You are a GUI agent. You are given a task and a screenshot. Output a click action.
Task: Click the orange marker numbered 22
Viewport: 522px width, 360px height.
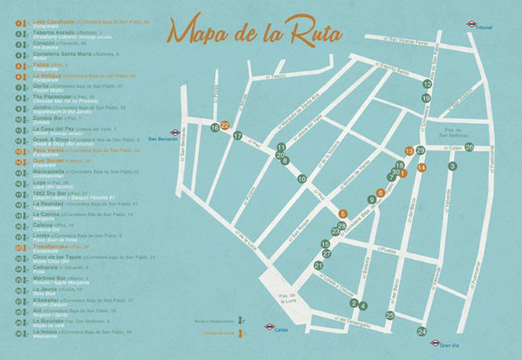[x=225, y=125]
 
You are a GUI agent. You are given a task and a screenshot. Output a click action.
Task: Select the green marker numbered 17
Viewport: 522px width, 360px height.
[x=238, y=136]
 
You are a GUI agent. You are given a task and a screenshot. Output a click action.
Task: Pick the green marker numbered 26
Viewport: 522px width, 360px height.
[x=469, y=147]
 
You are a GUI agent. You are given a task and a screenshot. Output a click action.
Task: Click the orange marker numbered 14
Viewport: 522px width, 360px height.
[x=421, y=168]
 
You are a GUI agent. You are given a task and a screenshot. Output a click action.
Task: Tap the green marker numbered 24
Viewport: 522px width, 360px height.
[x=421, y=332]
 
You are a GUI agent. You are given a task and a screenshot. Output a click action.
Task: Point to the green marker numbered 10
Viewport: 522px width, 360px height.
[x=301, y=179]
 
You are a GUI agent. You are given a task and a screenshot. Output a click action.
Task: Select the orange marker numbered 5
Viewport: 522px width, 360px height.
[x=342, y=213]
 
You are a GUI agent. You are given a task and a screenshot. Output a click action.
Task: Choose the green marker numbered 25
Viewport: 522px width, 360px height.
[x=390, y=315]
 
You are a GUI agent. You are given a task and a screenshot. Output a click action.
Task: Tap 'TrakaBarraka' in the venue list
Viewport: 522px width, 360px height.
[x=53, y=246]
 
